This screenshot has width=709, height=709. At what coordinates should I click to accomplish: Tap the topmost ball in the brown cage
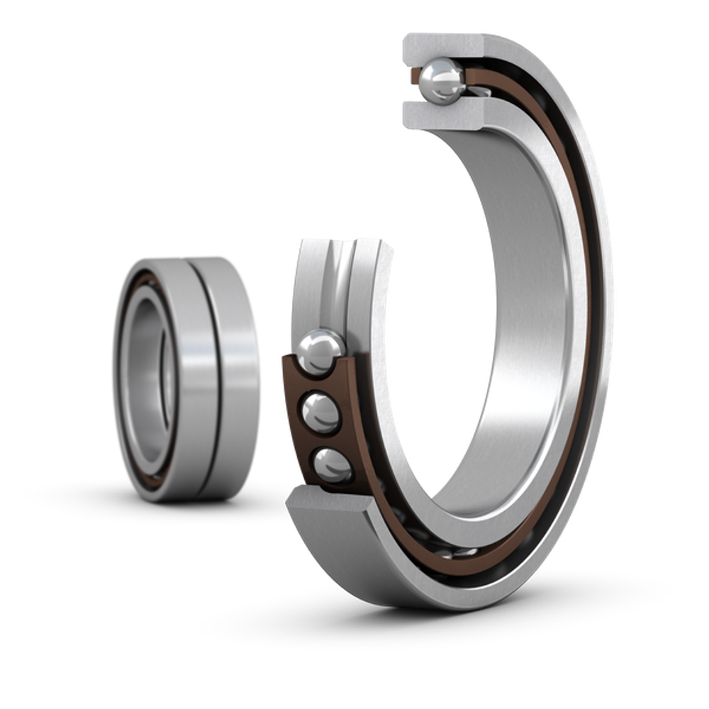point(320,350)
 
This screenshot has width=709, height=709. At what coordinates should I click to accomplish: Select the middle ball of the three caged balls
point(321,413)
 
